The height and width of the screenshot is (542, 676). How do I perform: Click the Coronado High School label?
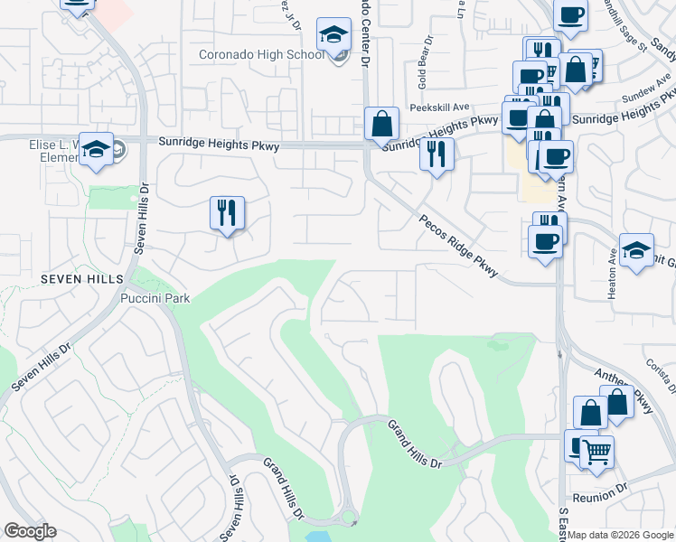(261, 55)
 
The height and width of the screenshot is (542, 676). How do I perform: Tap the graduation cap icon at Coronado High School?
(333, 36)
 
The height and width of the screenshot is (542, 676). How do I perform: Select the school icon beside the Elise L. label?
(95, 149)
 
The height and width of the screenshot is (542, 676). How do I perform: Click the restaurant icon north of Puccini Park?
(227, 213)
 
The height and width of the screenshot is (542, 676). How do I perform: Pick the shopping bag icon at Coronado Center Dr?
(382, 123)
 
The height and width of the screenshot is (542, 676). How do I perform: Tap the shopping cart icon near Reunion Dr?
(596, 451)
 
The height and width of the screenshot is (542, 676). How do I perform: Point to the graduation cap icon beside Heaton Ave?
(636, 249)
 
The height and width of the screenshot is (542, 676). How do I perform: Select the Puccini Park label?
(155, 299)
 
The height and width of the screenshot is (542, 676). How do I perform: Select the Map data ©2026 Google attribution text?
(621, 535)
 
